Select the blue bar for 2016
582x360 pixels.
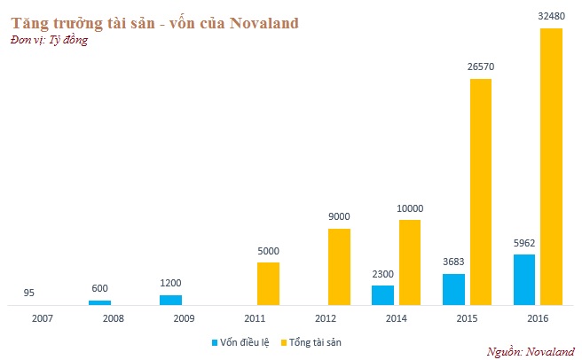524,279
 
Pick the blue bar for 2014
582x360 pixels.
382,295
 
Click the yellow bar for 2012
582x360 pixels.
339,266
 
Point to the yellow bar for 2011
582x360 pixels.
268,283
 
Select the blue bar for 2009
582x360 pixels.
170,300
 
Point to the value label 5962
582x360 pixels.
524,243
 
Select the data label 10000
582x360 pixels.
410,208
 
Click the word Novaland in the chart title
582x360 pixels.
264,23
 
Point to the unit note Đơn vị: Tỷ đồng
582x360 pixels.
49,41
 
